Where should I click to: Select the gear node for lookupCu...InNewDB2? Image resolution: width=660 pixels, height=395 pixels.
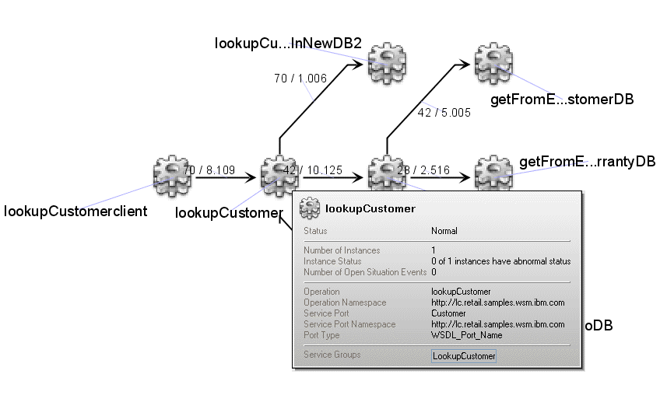(x=386, y=60)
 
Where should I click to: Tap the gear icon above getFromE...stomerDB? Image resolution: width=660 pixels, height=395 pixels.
(x=493, y=60)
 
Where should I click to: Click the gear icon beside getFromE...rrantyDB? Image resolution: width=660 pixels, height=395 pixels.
(x=493, y=173)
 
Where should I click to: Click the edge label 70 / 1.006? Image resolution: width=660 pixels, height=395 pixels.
(x=300, y=78)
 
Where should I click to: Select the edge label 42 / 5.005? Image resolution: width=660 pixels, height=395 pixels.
(x=444, y=112)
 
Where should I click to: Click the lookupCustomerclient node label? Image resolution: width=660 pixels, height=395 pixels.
(x=76, y=211)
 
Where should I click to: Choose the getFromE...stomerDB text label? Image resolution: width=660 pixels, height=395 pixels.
(x=561, y=100)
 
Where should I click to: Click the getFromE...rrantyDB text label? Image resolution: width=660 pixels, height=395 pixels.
(x=586, y=162)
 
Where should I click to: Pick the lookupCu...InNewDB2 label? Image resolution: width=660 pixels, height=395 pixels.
(x=288, y=44)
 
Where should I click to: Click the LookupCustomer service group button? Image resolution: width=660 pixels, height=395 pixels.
(x=464, y=356)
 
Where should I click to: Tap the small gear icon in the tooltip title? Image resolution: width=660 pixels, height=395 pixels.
(x=311, y=208)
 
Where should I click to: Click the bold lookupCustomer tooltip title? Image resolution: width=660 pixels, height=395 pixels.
(x=370, y=209)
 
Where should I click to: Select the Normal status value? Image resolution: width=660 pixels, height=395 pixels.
(x=444, y=231)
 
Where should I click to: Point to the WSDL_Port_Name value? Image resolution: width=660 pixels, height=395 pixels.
(x=467, y=335)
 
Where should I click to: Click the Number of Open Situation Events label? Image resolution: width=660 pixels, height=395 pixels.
(x=364, y=272)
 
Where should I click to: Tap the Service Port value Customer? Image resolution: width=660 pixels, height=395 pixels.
(x=448, y=313)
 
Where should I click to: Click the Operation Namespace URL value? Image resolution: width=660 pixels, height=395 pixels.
(x=497, y=302)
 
